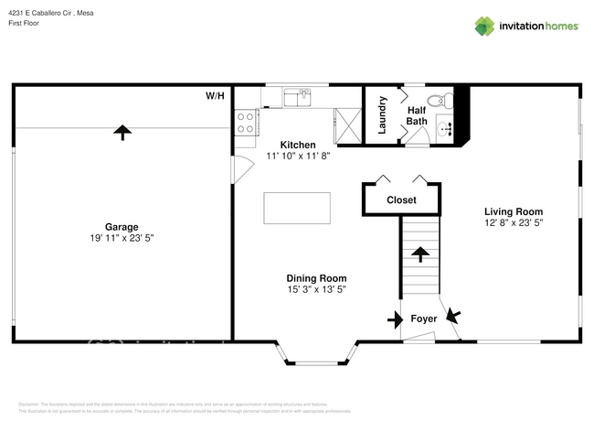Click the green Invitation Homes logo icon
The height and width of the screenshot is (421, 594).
tap(484, 26)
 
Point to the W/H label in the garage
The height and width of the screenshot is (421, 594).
tap(215, 95)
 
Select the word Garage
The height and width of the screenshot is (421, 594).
tap(121, 227)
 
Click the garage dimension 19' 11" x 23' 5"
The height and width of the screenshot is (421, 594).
tap(121, 239)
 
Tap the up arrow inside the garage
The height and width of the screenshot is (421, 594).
tap(121, 132)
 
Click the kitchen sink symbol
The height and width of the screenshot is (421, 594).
tap(295, 96)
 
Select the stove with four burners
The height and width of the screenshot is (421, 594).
tap(245, 123)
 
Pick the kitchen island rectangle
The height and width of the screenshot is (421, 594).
tap(296, 208)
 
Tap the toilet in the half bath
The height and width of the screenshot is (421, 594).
tap(437, 101)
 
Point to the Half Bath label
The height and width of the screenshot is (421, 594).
tap(417, 115)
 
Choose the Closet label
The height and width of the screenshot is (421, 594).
tap(401, 200)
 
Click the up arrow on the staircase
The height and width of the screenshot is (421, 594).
tap(420, 253)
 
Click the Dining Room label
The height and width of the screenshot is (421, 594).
tap(316, 278)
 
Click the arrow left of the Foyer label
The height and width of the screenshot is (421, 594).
tap(394, 319)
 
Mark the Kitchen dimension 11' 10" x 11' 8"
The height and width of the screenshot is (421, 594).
tap(298, 157)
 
